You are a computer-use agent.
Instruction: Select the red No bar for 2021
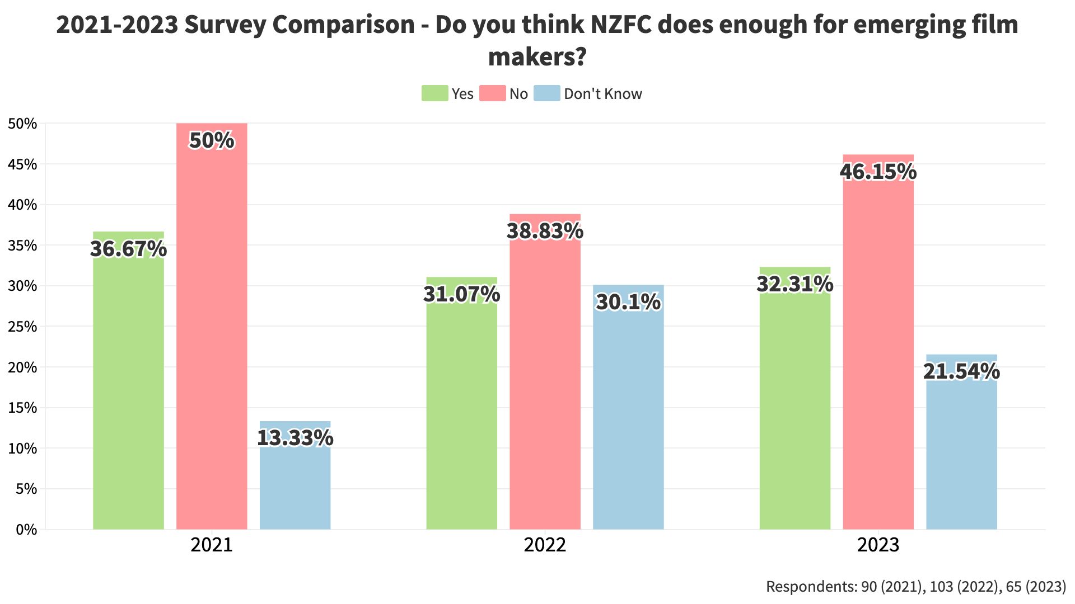pyautogui.click(x=212, y=336)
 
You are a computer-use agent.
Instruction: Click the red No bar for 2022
pyautogui.click(x=545, y=380)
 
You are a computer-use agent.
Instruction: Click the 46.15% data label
pyautogui.click(x=878, y=172)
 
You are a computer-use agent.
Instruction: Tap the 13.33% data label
pyautogui.click(x=295, y=437)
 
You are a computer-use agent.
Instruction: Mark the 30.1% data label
pyautogui.click(x=628, y=302)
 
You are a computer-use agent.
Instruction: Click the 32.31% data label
pyautogui.click(x=794, y=284)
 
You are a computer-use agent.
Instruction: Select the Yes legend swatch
pyautogui.click(x=434, y=93)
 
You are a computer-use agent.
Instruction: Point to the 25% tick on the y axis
pyautogui.click(x=22, y=327)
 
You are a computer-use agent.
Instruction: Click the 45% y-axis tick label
pyautogui.click(x=22, y=164)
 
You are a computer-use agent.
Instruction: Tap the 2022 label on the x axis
pyautogui.click(x=545, y=545)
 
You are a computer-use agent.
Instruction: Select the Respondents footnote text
pyautogui.click(x=915, y=587)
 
